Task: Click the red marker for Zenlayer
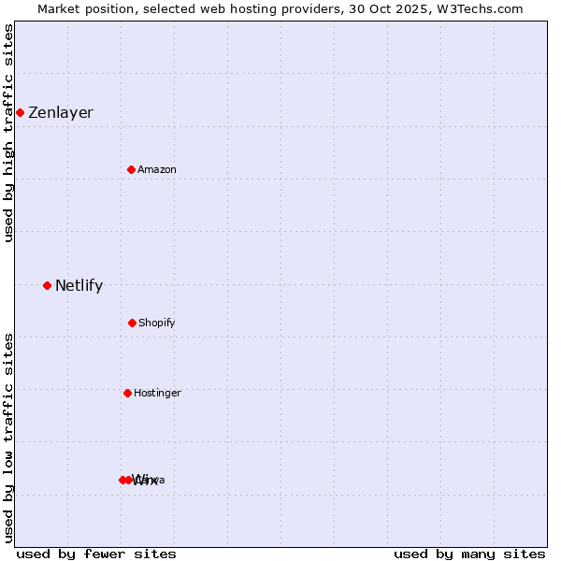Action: pos(20,112)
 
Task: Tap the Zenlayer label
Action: pos(61,113)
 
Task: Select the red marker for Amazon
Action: pos(131,169)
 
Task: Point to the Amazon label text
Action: pos(157,170)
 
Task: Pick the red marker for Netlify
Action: pos(47,285)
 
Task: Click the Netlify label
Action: pos(79,286)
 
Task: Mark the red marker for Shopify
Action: pos(132,323)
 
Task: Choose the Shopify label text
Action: pos(157,324)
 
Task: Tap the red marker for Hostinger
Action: pos(127,393)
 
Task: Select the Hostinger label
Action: pos(157,394)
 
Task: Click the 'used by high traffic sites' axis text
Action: pos(8,133)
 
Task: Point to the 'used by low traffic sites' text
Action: pos(8,438)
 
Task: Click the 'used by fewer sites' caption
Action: pos(96,554)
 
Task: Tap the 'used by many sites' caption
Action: pos(469,554)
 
